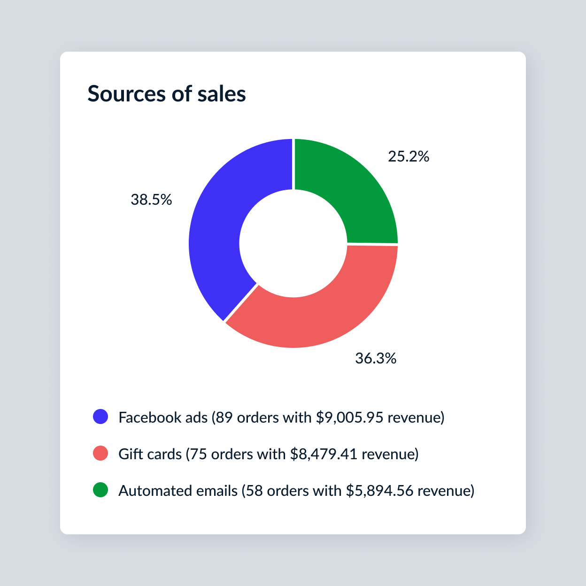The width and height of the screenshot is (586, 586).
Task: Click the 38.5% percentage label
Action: click(151, 200)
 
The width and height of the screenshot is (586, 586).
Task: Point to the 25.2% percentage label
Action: click(409, 157)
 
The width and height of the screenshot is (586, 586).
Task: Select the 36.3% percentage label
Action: click(376, 359)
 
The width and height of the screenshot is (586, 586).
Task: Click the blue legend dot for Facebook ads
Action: click(100, 416)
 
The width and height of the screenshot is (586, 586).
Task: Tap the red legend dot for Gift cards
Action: click(100, 453)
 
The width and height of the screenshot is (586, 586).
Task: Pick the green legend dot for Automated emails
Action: click(100, 490)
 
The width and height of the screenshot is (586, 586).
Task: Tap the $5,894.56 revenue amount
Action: click(379, 491)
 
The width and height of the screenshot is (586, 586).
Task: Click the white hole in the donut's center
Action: click(293, 243)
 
